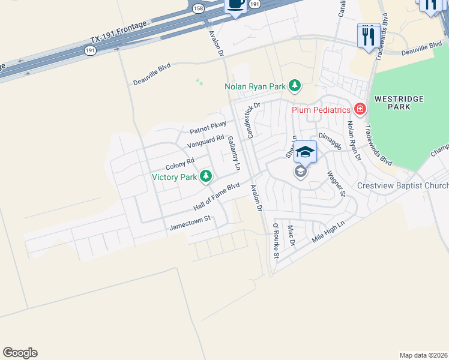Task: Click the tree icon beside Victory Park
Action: [206, 176]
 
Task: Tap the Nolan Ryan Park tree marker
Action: [294, 86]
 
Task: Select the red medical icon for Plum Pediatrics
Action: [360, 109]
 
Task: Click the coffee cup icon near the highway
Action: [235, 5]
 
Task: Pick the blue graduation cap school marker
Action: [305, 152]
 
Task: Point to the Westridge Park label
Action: [399, 103]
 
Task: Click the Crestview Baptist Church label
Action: [402, 186]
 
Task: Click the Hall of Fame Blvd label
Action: [216, 197]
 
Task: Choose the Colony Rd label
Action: [180, 163]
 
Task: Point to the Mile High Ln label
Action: [329, 232]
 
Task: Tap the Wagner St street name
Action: [336, 184]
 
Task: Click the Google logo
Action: [20, 353]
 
